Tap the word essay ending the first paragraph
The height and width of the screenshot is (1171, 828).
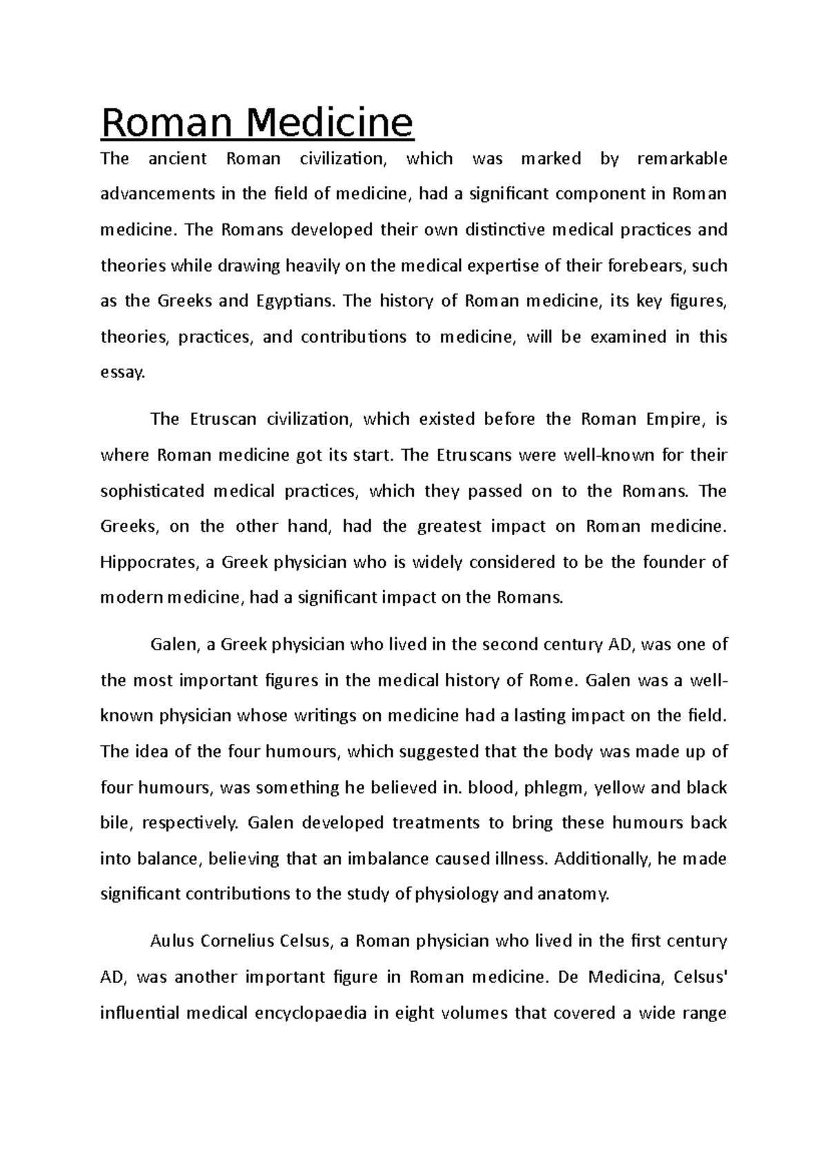(x=123, y=373)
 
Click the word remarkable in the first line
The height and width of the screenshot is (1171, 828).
(x=682, y=159)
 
